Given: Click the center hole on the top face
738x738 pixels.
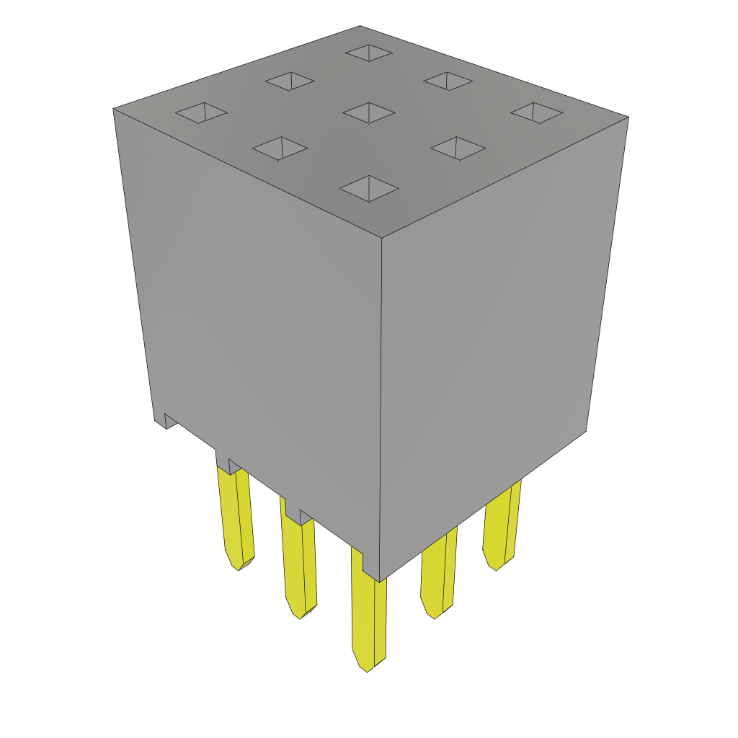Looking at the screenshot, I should pyautogui.click(x=369, y=112).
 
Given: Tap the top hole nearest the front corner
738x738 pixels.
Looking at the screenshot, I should pyautogui.click(x=369, y=189).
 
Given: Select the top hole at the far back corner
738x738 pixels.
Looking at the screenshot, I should pyautogui.click(x=369, y=53).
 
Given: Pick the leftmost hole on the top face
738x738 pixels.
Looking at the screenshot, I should pyautogui.click(x=201, y=112).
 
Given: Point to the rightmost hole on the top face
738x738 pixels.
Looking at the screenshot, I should pyautogui.click(x=537, y=112).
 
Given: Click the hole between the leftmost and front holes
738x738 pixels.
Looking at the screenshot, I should pyautogui.click(x=280, y=148).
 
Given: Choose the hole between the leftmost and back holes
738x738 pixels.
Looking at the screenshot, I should pyautogui.click(x=290, y=81).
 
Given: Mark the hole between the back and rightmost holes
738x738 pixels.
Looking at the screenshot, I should pyautogui.click(x=448, y=81).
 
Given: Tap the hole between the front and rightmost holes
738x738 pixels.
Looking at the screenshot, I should pyautogui.click(x=458, y=148).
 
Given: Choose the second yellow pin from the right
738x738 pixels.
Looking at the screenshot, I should pyautogui.click(x=438, y=573).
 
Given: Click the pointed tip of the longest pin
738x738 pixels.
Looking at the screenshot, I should pyautogui.click(x=367, y=669).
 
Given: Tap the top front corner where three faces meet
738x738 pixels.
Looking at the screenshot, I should pyautogui.click(x=381, y=237).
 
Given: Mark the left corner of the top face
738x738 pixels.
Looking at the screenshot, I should pyautogui.click(x=114, y=110).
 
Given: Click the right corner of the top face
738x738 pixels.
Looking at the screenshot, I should pyautogui.click(x=628, y=117).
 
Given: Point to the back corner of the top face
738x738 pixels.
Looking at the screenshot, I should pyautogui.click(x=360, y=27).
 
